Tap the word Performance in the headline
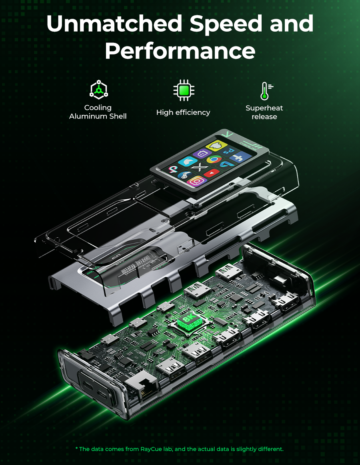180,51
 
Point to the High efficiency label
183,112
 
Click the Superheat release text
264,112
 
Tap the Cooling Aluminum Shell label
98,112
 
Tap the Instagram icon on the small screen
196,181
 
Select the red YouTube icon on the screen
213,172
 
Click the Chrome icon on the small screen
214,159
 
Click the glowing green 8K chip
188,321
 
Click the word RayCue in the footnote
151,449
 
